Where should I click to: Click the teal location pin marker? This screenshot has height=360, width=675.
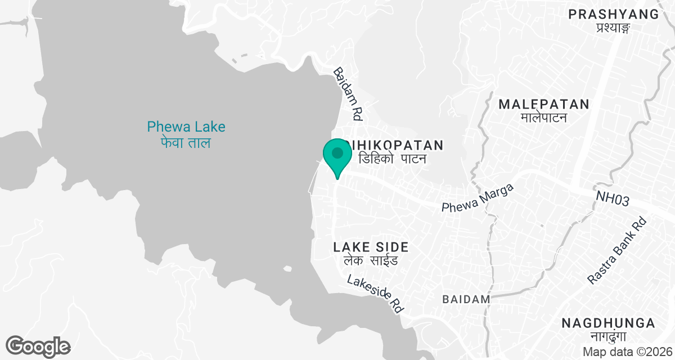tap(337, 157)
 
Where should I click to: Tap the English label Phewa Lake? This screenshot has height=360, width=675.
tap(186, 127)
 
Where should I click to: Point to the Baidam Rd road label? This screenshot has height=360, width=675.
tap(348, 94)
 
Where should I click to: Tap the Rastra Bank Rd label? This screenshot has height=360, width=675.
tap(617, 250)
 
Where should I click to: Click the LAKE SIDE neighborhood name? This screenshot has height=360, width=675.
tap(371, 247)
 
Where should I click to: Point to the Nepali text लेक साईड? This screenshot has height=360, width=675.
tap(371, 261)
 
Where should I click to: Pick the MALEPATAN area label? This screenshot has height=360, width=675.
tap(544, 104)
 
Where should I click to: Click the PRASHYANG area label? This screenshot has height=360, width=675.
tap(613, 14)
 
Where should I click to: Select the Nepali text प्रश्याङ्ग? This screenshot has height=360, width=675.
tap(613, 28)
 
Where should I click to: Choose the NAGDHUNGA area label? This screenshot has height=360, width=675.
tap(609, 323)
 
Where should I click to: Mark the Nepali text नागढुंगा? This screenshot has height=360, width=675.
tap(609, 337)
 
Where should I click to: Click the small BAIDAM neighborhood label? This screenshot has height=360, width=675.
tap(466, 299)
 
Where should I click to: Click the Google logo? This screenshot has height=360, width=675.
tap(38, 346)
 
